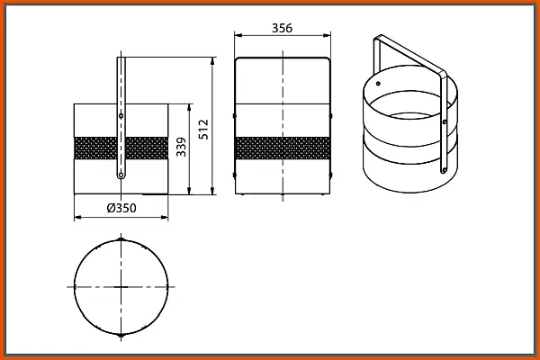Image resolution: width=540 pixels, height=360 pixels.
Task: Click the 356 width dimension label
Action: click(282, 28)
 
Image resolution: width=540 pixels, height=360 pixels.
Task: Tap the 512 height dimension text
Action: click(204, 130)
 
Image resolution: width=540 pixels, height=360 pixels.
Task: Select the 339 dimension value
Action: click(181, 147)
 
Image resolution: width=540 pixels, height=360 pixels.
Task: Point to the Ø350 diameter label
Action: click(121, 208)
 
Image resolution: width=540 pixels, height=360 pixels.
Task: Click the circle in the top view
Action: click(75, 287)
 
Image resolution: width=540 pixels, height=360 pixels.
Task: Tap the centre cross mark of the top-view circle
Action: click(121, 287)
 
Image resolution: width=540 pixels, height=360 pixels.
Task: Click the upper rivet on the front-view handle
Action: click(121, 116)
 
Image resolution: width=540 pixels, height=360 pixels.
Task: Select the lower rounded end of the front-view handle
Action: click(121, 175)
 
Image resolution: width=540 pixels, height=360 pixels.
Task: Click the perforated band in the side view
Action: click(283, 148)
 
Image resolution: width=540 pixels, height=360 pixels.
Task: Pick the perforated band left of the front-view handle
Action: click(95, 148)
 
